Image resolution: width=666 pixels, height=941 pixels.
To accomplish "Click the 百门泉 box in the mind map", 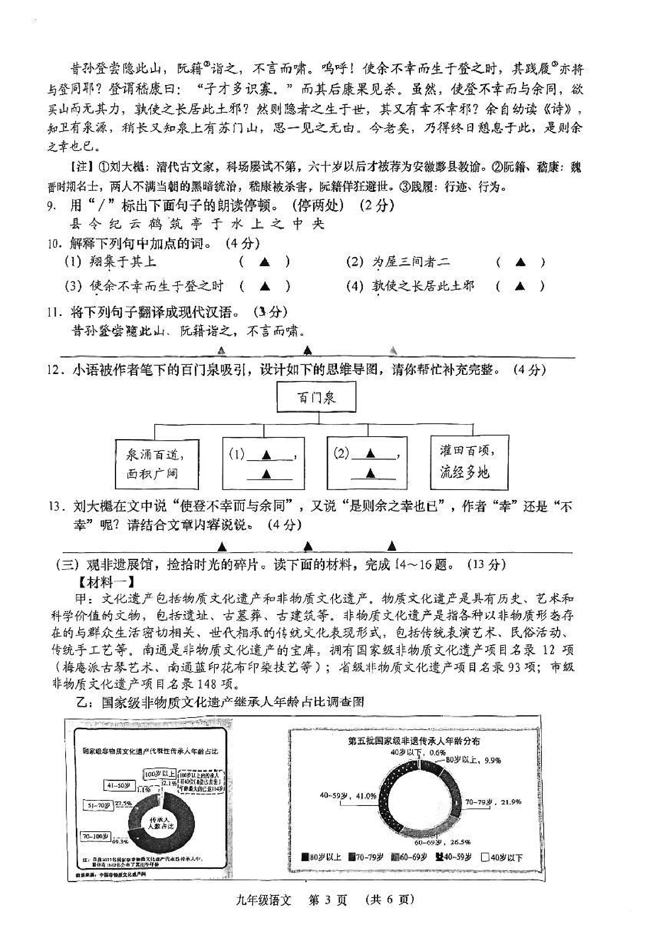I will pos(316,397).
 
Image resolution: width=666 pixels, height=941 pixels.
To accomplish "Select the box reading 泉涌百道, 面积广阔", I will pos(157,464).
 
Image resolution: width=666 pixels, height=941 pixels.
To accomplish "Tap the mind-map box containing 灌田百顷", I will pos(469,462).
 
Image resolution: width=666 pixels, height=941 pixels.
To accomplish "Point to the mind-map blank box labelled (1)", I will pos(263,463).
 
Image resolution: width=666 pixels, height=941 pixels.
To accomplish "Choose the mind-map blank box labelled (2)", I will pos(367,463).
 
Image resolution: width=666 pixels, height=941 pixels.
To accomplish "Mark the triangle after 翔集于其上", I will pos(265,262).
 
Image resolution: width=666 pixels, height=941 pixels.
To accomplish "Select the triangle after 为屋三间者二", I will pos(520,262).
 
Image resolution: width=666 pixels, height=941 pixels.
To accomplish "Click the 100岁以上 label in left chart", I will pos(160,774).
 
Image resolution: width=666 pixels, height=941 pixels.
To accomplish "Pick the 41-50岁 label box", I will pos(119,785).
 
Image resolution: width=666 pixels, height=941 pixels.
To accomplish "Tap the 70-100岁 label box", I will pos(95,836).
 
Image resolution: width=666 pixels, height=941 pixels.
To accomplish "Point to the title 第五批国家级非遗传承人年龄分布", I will pos(414,741).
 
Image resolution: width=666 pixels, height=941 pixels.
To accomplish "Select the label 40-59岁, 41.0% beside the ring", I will pos(348,796).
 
